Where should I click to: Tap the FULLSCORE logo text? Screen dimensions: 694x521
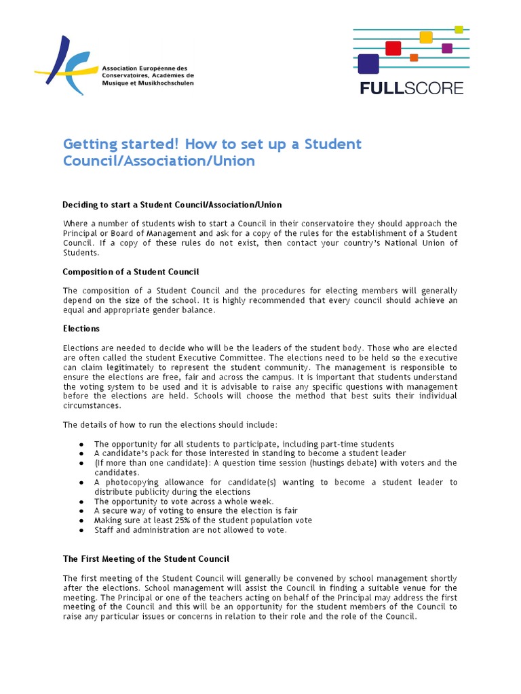click(x=411, y=88)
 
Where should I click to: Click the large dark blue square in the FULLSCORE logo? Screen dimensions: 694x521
click(x=368, y=64)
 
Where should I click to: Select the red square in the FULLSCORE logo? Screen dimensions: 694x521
click(x=393, y=48)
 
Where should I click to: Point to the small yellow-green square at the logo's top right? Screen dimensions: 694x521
click(x=459, y=29)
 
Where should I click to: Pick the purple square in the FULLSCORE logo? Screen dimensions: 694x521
click(x=447, y=48)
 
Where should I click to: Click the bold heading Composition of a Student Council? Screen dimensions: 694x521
click(x=131, y=272)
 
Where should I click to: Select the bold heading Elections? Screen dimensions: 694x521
click(x=81, y=328)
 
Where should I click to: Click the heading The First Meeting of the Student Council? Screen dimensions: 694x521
click(x=146, y=558)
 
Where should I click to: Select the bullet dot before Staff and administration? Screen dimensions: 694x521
click(x=81, y=530)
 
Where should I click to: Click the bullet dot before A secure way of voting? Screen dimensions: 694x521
click(x=81, y=511)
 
